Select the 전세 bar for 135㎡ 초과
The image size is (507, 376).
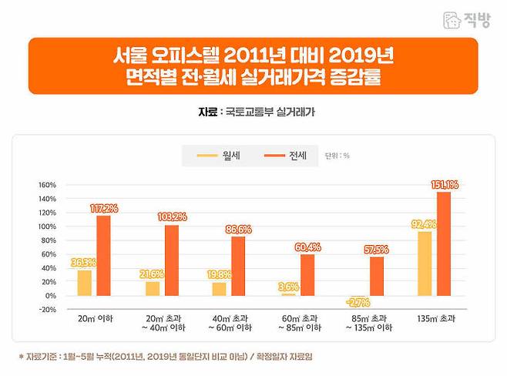[443, 243]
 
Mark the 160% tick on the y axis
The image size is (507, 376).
[48, 185]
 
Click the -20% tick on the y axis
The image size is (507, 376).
[48, 310]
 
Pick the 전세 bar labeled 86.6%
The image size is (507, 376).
[238, 266]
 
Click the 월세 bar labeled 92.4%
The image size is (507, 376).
[423, 264]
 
